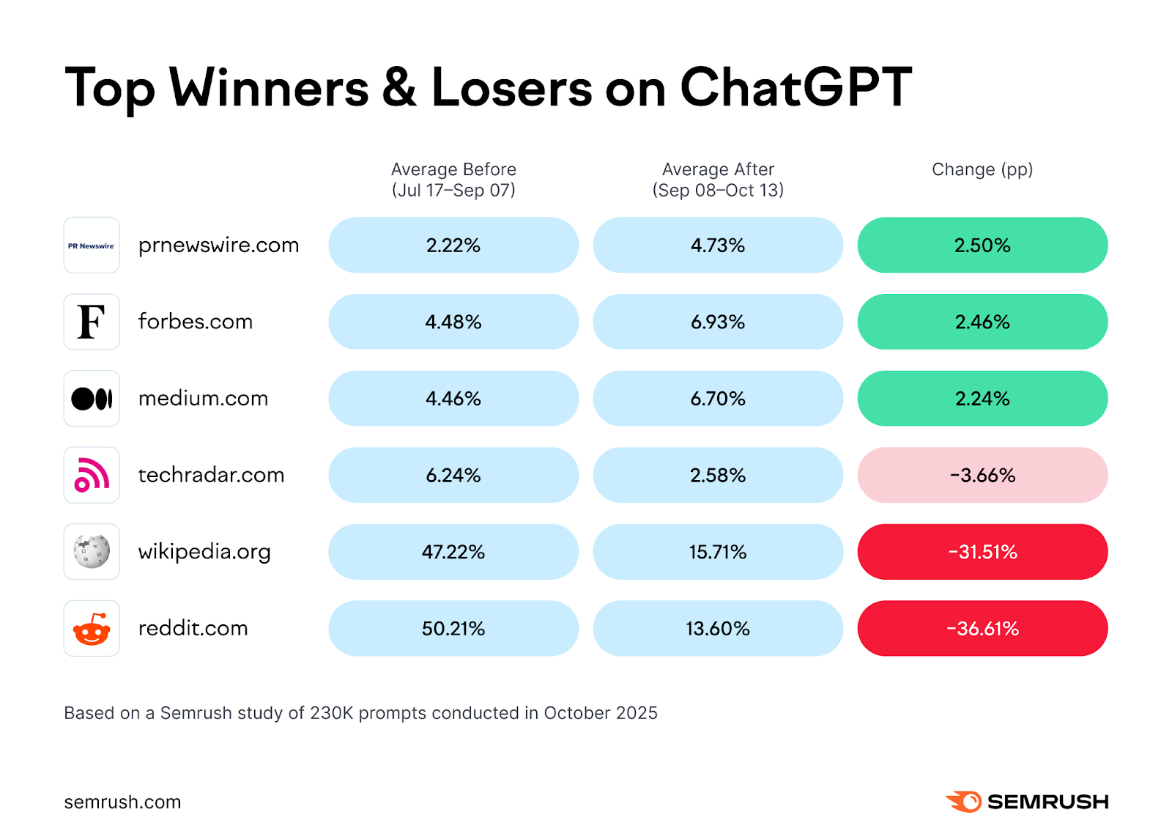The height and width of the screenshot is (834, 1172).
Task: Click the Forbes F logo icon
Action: [x=92, y=322]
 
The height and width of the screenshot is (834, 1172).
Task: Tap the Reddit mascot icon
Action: [x=92, y=629]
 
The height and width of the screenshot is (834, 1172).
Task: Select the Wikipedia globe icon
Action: [x=92, y=552]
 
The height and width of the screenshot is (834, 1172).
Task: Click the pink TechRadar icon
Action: [x=92, y=475]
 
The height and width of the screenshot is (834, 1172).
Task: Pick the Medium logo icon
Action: [x=92, y=399]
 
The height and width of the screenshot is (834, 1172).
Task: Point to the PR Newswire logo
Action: [x=92, y=246]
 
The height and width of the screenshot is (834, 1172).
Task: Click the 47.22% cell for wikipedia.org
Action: [x=453, y=552]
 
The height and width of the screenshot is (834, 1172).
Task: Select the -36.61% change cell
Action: [x=982, y=629]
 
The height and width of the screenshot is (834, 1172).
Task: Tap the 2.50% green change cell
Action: [x=982, y=246]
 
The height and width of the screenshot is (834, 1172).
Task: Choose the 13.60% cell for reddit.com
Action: [x=718, y=629]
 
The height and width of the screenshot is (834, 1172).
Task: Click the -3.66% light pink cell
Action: [x=982, y=475]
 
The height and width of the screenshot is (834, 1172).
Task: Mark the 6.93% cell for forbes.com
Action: [x=718, y=322]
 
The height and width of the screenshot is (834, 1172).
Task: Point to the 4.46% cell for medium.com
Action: [x=453, y=399]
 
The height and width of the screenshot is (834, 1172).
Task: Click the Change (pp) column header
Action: [x=982, y=169]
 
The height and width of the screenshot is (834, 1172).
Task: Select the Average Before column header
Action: [x=453, y=180]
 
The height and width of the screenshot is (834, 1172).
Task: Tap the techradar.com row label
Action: [x=211, y=475]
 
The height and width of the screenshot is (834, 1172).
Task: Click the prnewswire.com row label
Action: [x=218, y=246]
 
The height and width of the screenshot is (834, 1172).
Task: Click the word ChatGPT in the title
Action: [x=796, y=88]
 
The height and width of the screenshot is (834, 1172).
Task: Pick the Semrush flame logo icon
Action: [x=964, y=801]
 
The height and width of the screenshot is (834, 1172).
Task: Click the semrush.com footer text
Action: [x=122, y=802]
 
